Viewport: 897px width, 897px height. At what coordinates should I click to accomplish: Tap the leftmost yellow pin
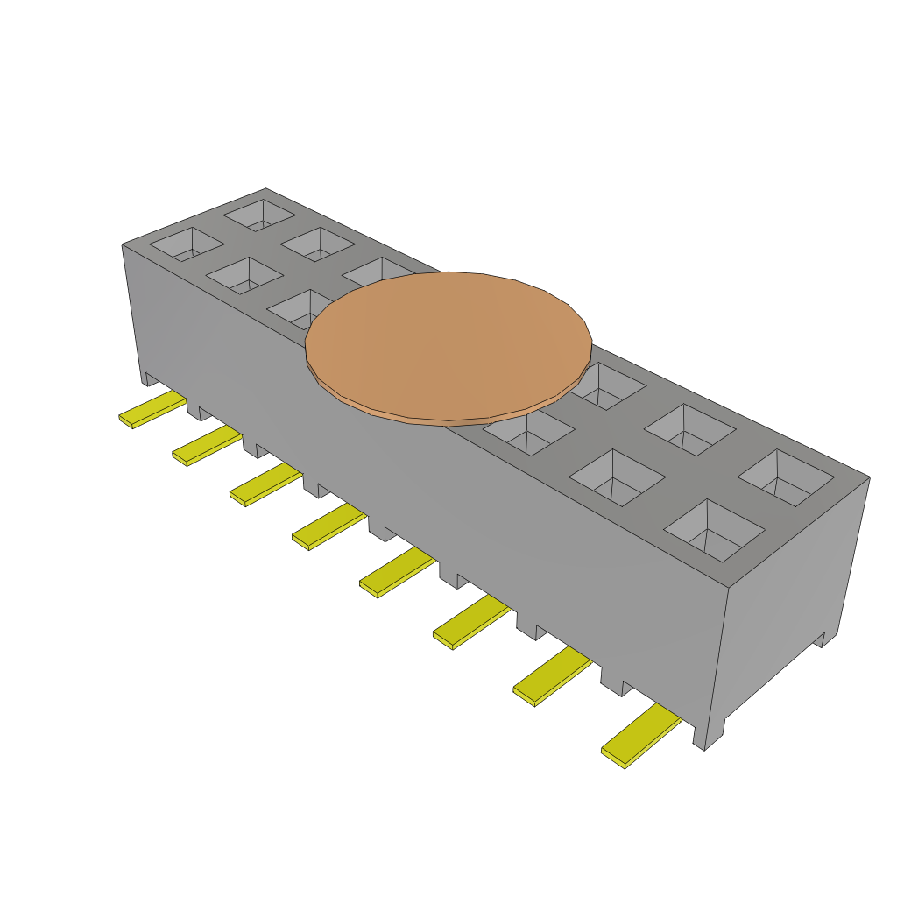(152, 410)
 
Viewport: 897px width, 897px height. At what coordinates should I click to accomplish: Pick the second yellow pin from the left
(206, 446)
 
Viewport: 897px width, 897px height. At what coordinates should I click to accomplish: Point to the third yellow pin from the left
(265, 485)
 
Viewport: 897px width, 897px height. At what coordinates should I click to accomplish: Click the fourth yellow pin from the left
(328, 527)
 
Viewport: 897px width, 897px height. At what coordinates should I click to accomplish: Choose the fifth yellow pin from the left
(396, 573)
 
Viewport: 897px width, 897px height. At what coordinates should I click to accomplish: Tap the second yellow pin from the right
(551, 677)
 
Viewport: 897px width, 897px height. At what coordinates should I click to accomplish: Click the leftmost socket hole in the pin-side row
(186, 244)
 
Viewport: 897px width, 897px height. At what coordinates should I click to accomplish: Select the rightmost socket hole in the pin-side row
(714, 530)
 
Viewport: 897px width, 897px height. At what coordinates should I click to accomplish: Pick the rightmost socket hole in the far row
(785, 478)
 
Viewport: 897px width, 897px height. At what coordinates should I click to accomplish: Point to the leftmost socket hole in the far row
(258, 214)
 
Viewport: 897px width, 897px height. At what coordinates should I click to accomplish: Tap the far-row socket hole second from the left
(317, 244)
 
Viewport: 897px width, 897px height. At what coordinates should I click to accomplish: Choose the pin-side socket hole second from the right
(617, 477)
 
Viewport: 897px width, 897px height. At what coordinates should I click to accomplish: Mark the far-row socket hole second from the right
(689, 429)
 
